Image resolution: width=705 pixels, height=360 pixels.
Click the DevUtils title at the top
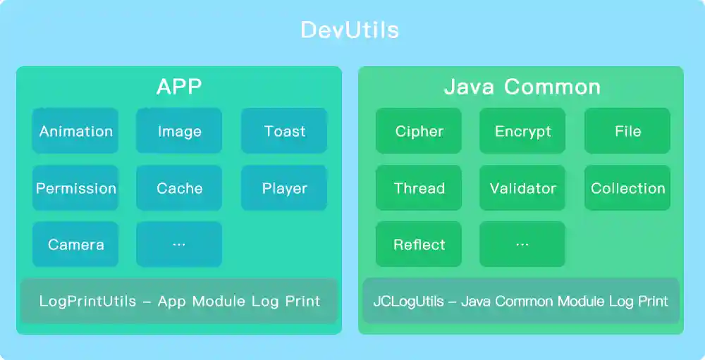point(350,30)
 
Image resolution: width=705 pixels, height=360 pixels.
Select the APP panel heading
point(179,87)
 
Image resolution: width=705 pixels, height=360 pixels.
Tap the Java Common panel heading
point(522,87)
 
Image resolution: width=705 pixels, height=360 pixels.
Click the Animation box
point(75,131)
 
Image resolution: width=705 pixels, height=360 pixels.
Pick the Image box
point(179,131)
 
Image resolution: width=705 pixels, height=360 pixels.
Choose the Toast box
point(284,131)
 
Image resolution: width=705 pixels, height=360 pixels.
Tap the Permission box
point(75,188)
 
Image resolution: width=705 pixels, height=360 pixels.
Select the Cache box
point(179,188)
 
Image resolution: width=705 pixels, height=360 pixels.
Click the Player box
point(284,188)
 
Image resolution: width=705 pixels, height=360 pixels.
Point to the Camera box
point(75,244)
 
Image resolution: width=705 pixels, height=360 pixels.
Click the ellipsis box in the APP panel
point(179,244)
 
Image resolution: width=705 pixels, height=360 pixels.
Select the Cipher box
point(419,131)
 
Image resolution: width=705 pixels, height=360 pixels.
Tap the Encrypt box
point(522,131)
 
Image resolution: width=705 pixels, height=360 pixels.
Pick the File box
point(627,131)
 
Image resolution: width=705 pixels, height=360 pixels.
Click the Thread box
point(419,188)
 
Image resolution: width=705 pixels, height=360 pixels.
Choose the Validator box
point(522,188)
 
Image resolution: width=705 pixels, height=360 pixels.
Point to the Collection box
point(627,188)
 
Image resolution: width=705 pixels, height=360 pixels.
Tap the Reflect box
point(419,244)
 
